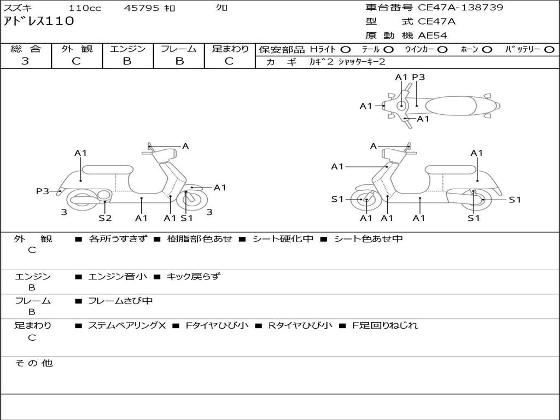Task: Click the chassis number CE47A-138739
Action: click(460, 8)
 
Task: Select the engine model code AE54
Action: click(433, 36)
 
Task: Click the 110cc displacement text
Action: click(85, 8)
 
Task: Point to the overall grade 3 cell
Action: click(25, 61)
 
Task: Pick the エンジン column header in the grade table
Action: click(127, 49)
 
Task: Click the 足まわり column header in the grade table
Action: click(230, 49)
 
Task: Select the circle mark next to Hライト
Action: click(346, 49)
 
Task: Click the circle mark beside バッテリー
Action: click(550, 49)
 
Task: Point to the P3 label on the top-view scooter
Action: click(418, 77)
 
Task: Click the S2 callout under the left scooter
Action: click(105, 218)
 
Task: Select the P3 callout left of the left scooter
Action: click(43, 191)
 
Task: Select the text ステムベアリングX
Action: click(127, 325)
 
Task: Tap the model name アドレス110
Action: click(38, 21)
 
